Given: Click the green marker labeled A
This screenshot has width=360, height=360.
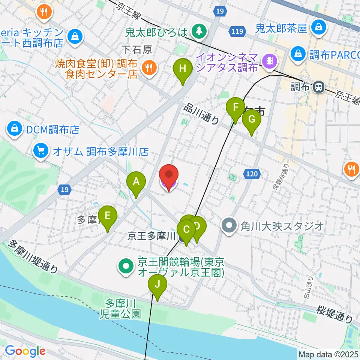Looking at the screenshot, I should (x=136, y=183).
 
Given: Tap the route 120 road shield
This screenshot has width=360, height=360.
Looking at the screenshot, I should (x=252, y=173).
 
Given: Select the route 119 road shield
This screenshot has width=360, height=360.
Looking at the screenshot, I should (x=237, y=32).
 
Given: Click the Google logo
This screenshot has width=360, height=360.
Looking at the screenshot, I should (x=25, y=351).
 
